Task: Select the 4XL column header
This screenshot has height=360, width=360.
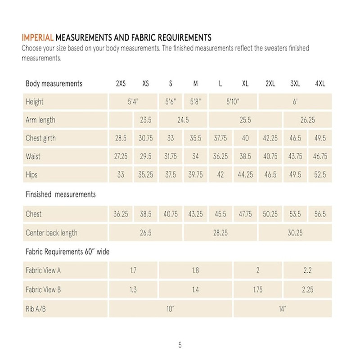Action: [320, 84]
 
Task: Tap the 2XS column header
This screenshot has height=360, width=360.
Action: [120, 84]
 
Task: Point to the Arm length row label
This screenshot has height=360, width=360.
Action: [40, 120]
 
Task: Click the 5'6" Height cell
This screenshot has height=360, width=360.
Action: [171, 102]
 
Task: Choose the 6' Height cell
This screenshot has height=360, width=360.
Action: [295, 102]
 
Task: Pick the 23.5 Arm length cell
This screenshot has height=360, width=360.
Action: [145, 120]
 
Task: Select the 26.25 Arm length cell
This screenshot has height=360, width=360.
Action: [307, 120]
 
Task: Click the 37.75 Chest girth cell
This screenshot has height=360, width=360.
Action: [220, 138]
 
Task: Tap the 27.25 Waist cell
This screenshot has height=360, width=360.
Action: [120, 157]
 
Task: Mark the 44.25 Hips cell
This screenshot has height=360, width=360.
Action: [245, 175]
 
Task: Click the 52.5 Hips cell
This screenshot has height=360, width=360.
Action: [320, 175]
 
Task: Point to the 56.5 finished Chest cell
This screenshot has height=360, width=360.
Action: [320, 215]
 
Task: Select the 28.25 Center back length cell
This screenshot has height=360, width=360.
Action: [220, 233]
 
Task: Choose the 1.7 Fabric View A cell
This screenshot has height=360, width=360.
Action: [133, 271]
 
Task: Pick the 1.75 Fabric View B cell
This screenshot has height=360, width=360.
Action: [257, 290]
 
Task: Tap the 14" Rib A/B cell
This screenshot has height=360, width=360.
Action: [282, 309]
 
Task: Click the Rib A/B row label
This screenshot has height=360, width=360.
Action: [36, 309]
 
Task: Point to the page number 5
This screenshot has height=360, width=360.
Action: [180, 346]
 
